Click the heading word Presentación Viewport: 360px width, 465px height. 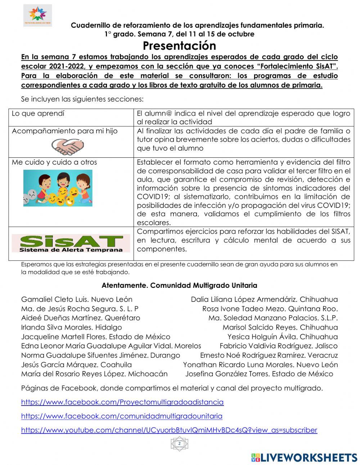tap(179, 46)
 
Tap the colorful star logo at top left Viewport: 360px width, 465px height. tap(37, 15)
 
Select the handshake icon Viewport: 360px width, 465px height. tap(67, 146)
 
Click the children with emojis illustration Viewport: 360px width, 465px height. tap(58, 188)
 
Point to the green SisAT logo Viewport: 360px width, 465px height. tap(71, 243)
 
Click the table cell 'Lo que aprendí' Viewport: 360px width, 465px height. tap(38, 113)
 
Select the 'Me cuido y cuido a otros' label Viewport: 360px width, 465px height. tap(54, 162)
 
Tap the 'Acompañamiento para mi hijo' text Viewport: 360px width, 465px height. tap(65, 131)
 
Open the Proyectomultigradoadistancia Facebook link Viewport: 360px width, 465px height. tap(122, 402)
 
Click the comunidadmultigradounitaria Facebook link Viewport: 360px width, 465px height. tap(122, 416)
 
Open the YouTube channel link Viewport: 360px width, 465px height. tap(169, 430)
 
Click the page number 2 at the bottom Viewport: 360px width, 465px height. tap(179, 444)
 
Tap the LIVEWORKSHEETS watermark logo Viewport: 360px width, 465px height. tap(304, 457)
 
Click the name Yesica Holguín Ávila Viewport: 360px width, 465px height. tap(283, 337)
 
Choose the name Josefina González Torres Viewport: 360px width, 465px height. tap(259, 374)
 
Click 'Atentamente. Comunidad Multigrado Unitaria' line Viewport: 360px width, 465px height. tap(179, 285)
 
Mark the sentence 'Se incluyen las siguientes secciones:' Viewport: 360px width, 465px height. tap(82, 99)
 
